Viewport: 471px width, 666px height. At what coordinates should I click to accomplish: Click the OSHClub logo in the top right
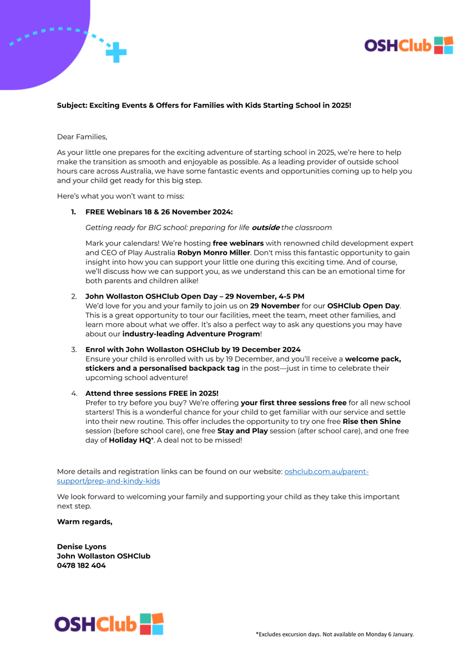[408, 46]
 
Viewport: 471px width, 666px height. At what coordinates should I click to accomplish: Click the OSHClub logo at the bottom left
[109, 624]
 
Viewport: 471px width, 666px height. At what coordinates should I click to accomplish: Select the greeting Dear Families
[82, 137]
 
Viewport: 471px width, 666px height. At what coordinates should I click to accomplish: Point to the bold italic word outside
[265, 228]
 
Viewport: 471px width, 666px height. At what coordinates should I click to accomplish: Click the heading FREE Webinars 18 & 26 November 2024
[159, 212]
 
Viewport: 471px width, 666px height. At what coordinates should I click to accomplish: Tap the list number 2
[73, 296]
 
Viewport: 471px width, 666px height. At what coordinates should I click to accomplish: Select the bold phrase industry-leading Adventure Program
[191, 334]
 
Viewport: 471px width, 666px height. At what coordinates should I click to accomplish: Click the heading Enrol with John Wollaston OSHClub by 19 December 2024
[193, 350]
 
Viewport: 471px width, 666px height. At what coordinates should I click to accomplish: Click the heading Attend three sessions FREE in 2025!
[151, 393]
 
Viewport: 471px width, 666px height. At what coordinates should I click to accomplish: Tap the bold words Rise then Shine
[371, 421]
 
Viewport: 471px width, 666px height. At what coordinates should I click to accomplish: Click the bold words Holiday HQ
[130, 440]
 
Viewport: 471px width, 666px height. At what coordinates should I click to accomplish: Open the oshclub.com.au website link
[326, 472]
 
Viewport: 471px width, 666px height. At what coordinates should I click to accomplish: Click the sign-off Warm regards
[84, 522]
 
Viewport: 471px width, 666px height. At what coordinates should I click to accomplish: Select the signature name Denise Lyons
[82, 547]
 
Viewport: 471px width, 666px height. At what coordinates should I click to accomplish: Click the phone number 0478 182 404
[81, 566]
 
